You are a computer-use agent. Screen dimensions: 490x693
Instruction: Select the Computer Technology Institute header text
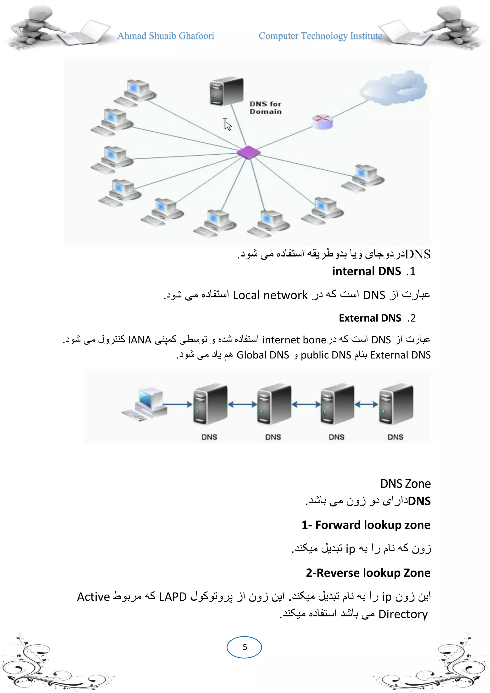[320, 36]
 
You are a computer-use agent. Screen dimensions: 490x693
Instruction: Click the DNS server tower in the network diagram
[226, 91]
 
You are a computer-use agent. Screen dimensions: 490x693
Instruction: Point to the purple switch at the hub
[248, 152]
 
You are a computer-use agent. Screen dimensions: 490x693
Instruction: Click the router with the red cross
[322, 121]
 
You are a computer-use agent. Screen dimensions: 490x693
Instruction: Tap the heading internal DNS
[367, 271]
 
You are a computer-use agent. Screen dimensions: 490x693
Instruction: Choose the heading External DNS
[370, 318]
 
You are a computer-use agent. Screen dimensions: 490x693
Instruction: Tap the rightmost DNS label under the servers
[395, 437]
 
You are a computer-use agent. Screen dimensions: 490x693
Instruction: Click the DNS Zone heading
[405, 484]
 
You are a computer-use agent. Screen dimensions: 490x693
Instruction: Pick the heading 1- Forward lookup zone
[366, 525]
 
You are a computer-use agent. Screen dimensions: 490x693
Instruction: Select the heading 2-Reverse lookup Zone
[368, 573]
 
